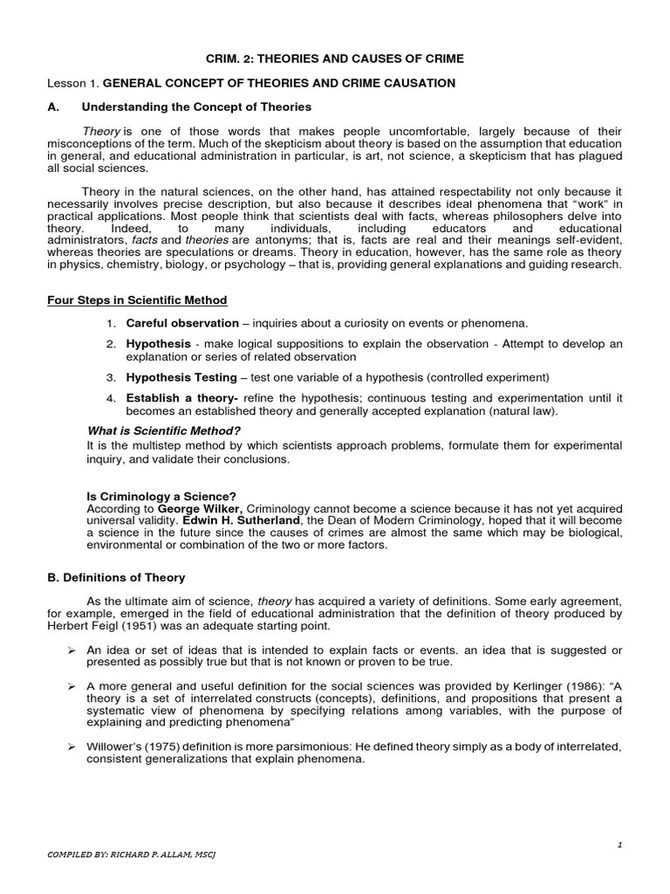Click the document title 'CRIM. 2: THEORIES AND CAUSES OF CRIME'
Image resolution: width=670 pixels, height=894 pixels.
tap(335, 58)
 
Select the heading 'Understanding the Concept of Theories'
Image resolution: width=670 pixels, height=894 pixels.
tap(196, 107)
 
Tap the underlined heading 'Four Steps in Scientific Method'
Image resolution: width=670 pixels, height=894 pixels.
tap(137, 300)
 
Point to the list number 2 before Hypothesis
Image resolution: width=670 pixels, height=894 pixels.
tap(112, 344)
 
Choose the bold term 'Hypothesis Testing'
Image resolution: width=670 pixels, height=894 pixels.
tap(181, 377)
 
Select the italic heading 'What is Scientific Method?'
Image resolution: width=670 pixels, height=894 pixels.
tap(164, 430)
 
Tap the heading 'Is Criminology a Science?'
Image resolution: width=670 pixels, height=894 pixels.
tap(162, 496)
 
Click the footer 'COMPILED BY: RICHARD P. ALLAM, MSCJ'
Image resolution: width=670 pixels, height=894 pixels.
tap(131, 854)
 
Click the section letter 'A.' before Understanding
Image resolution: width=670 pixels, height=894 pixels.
tap(53, 107)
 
